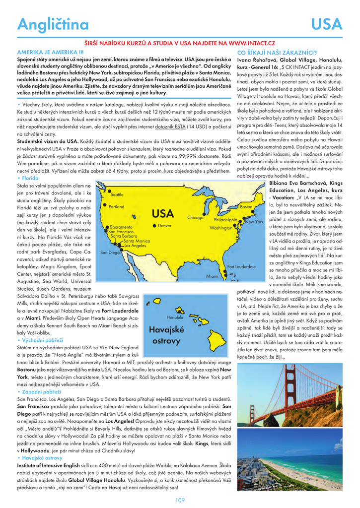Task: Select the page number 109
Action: [x=180, y=500]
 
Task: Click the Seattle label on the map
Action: [x=117, y=195]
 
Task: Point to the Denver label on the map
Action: [x=164, y=226]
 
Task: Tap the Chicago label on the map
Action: [x=196, y=218]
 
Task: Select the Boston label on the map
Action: [x=246, y=206]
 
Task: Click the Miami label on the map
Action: [x=212, y=276]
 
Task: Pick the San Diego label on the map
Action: [x=110, y=253]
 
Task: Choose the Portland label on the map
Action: [x=117, y=206]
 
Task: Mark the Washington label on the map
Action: [x=221, y=228]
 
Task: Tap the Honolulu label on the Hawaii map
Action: [x=175, y=317]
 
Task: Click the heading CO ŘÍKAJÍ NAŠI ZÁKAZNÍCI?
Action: [x=277, y=52]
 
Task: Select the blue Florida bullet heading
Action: [x=29, y=178]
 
